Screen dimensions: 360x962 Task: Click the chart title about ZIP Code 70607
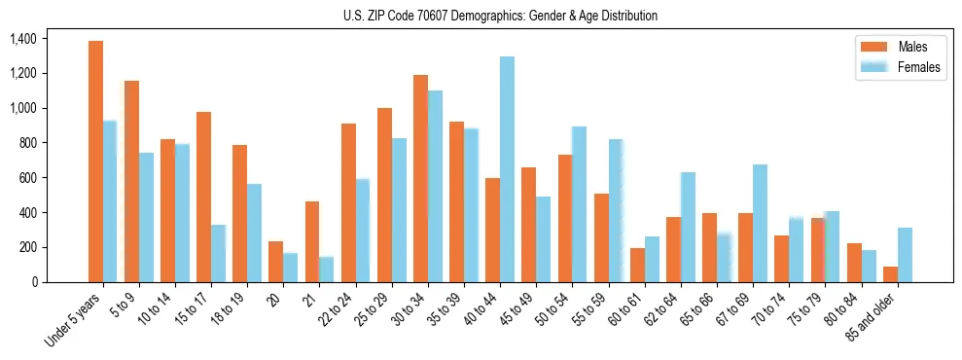click(500, 16)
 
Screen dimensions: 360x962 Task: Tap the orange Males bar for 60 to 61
click(637, 265)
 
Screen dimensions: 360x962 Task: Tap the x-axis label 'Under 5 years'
click(74, 318)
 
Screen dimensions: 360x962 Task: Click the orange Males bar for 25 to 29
click(384, 195)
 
